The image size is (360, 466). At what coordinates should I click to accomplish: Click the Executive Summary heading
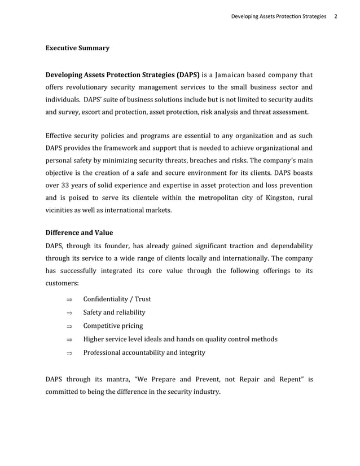77,49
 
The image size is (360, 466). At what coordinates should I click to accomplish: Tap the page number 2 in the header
336,16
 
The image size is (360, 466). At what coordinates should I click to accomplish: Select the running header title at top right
278,16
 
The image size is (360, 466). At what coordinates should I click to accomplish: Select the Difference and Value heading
79,232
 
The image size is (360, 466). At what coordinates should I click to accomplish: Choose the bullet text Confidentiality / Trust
117,299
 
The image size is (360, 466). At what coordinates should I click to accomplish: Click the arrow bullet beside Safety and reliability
69,313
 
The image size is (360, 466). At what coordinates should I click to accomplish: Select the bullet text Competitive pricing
113,326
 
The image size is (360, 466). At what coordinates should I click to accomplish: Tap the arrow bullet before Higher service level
69,340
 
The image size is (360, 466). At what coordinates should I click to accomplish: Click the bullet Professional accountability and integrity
144,353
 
